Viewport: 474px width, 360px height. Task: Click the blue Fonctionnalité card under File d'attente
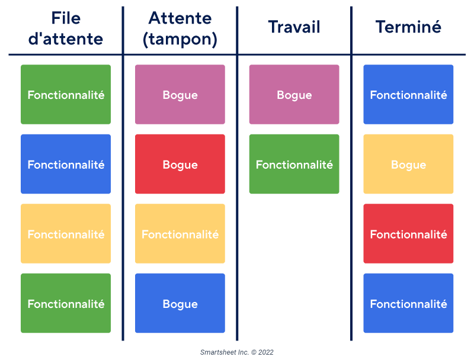point(66,164)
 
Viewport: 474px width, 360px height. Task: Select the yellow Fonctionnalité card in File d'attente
point(66,234)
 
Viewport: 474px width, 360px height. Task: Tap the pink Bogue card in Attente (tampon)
point(180,95)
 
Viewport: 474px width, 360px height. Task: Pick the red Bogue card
point(180,164)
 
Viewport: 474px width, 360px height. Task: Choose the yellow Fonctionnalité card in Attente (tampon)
point(180,234)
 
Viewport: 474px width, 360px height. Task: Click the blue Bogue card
point(180,303)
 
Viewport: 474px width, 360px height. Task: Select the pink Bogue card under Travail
point(294,95)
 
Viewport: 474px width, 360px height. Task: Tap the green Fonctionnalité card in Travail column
point(294,164)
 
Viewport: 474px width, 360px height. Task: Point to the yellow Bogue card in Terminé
point(408,164)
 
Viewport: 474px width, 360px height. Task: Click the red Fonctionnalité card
point(408,234)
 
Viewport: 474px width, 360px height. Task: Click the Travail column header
point(294,27)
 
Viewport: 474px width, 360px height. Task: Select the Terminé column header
point(408,27)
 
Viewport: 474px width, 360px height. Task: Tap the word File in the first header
point(66,18)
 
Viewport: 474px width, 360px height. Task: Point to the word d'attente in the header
point(66,39)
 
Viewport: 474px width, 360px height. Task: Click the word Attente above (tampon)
point(180,18)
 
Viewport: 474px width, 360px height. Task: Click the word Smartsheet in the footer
point(216,352)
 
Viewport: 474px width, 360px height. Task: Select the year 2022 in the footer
point(266,352)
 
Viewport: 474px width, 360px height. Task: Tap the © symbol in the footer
point(253,352)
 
